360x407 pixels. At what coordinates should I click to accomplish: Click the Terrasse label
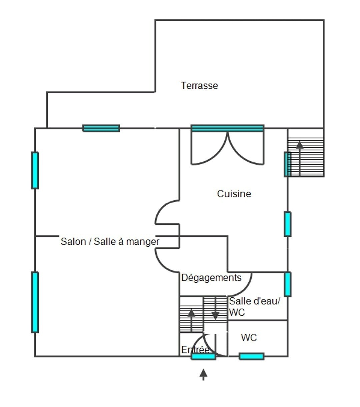point(199,86)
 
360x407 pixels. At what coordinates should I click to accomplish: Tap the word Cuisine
point(234,194)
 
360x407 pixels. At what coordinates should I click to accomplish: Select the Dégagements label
point(211,278)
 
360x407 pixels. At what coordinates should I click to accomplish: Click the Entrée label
point(195,350)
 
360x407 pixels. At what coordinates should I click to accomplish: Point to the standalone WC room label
point(249,338)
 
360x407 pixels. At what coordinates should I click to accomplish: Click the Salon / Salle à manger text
point(110,241)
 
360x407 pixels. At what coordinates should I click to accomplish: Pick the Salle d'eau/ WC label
point(254,307)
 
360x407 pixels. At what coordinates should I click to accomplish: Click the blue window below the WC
point(252,357)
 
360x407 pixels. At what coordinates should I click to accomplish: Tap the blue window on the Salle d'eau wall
point(287,284)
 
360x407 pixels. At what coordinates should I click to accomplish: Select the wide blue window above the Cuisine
point(227,128)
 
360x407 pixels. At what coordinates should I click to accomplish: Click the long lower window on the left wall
point(35,302)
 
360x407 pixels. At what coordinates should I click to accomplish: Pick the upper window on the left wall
point(35,170)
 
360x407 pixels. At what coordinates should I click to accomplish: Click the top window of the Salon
point(101,128)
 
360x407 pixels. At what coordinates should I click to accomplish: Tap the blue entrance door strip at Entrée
point(203,357)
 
